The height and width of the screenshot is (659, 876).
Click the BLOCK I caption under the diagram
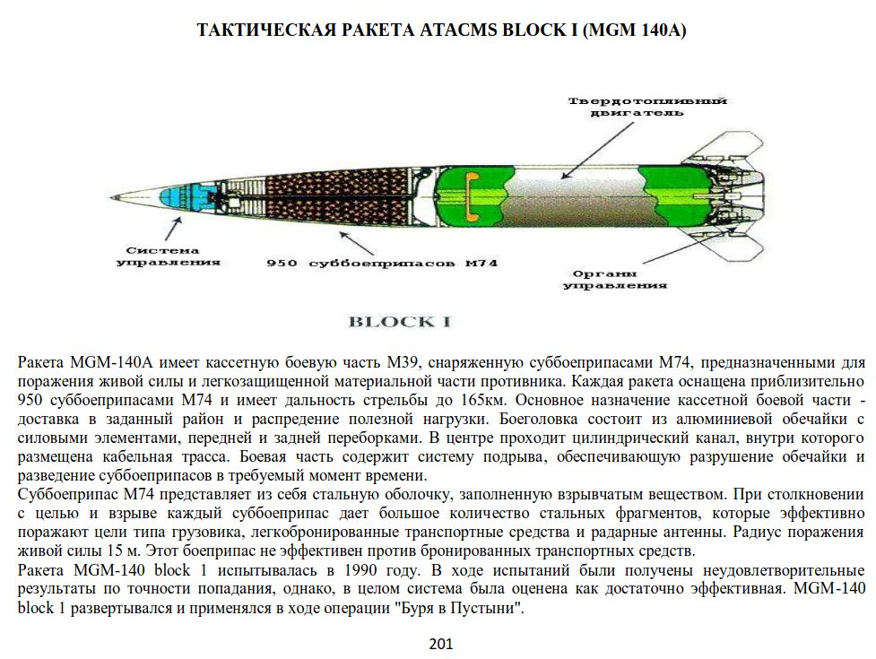coord(398,322)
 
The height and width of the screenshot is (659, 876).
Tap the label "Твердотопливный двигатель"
coord(646,108)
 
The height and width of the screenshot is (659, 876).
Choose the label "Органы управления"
coord(615,279)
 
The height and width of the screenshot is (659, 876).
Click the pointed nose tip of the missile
coord(112,198)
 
